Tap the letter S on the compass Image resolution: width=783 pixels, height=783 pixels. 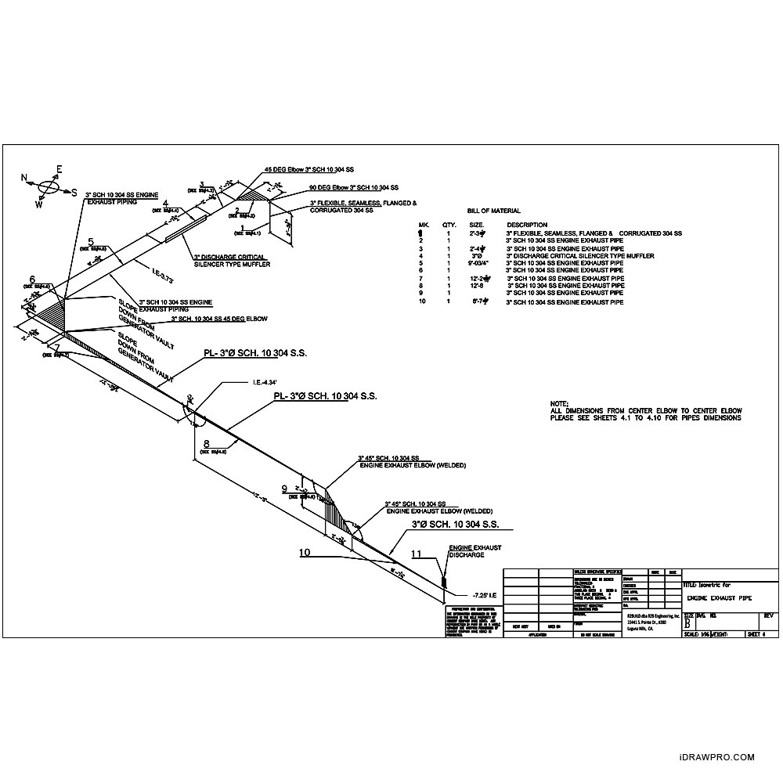pyautogui.click(x=74, y=192)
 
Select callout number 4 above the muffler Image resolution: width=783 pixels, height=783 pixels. pyautogui.click(x=165, y=204)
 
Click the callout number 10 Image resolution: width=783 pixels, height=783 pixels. pyautogui.click(x=305, y=552)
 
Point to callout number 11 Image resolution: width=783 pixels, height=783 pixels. pyautogui.click(x=417, y=554)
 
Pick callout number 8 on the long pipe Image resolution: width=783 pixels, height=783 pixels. pyautogui.click(x=206, y=444)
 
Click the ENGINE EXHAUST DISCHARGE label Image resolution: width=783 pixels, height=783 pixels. pyautogui.click(x=474, y=551)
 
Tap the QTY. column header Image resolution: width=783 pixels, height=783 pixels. pyautogui.click(x=449, y=225)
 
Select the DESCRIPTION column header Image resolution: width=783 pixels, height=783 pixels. pyautogui.click(x=527, y=225)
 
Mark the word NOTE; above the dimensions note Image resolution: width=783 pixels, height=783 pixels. pyautogui.click(x=560, y=403)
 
